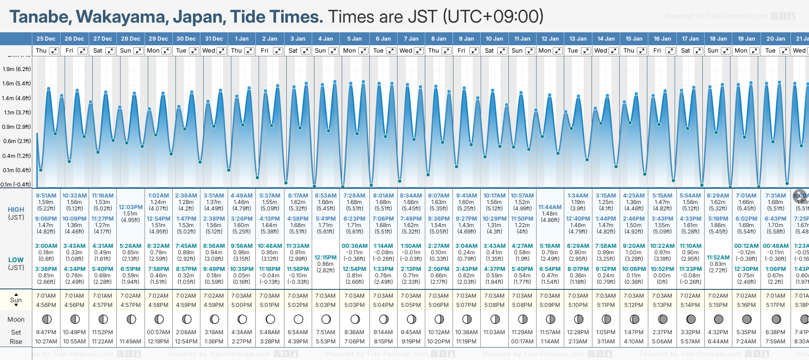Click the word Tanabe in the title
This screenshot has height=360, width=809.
(x=40, y=17)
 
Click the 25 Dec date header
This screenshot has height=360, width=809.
(x=46, y=39)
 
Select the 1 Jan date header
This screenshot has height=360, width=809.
(x=241, y=39)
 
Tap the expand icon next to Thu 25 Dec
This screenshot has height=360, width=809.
(x=54, y=51)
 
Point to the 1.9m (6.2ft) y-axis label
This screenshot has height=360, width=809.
(x=17, y=69)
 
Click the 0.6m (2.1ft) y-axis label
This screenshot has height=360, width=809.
(x=17, y=141)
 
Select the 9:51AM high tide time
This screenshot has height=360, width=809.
(x=46, y=196)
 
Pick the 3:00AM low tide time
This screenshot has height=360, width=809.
(x=46, y=246)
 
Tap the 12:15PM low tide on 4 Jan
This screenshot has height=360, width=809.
(x=326, y=258)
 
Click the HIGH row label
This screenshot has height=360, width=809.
(x=16, y=210)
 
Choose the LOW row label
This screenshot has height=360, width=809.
(x=16, y=260)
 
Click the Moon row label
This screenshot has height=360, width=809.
(x=16, y=319)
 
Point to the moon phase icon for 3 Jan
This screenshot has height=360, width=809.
(x=298, y=319)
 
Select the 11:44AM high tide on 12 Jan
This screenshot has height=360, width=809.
(x=549, y=207)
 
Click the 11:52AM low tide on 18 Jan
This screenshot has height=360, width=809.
(x=718, y=258)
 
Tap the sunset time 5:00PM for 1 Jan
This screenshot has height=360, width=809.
(x=241, y=305)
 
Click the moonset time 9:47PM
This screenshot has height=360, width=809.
(x=46, y=332)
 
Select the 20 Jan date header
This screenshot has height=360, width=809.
(x=775, y=39)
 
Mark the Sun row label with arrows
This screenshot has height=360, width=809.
(x=16, y=300)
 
